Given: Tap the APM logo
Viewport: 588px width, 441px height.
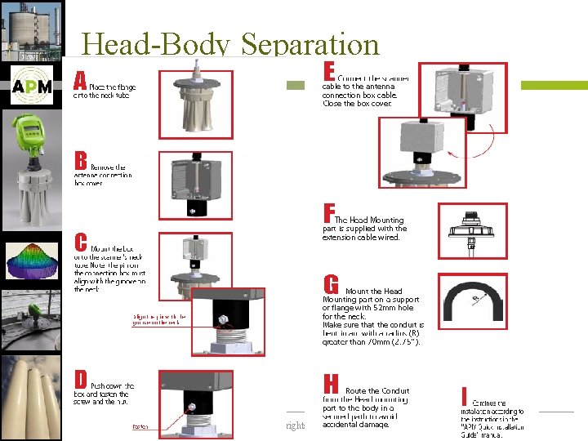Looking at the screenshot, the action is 33,87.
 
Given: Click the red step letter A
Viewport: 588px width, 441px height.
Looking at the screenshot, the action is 80,80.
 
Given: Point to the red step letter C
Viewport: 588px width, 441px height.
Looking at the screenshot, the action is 81,243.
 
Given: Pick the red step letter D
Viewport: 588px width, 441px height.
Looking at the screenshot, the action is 81,380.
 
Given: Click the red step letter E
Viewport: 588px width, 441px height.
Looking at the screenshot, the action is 329,71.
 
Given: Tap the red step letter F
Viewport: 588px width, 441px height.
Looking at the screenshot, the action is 329,214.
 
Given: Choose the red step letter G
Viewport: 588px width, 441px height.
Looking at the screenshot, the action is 331,285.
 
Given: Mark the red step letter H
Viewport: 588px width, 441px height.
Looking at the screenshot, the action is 331,385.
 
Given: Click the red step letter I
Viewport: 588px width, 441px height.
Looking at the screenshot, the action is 464,396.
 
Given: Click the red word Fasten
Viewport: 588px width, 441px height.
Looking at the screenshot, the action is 140,425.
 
